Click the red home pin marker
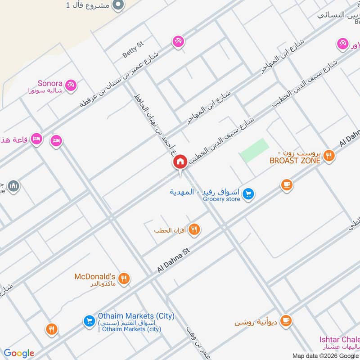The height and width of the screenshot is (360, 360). pyautogui.click(x=180, y=162)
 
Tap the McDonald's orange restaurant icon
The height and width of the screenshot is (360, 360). pyautogui.click(x=125, y=279)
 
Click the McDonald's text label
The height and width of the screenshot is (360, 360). pyautogui.click(x=95, y=276)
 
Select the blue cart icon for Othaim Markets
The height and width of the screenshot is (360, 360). pyautogui.click(x=89, y=321)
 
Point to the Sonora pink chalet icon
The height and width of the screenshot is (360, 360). pyautogui.click(x=70, y=85)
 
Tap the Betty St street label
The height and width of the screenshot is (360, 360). pyautogui.click(x=133, y=49)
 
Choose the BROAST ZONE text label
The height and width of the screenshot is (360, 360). pyautogui.click(x=295, y=160)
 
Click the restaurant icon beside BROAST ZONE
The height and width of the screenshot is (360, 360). pyautogui.click(x=329, y=156)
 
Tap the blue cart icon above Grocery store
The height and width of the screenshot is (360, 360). pyautogui.click(x=247, y=194)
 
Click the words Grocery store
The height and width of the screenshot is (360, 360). pyautogui.click(x=221, y=199)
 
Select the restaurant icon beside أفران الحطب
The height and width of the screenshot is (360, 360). pyautogui.click(x=194, y=229)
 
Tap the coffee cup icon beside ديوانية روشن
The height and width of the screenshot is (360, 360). pyautogui.click(x=285, y=320)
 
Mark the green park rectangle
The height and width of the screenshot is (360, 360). pyautogui.click(x=254, y=150)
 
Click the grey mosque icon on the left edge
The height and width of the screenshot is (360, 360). pyautogui.click(x=13, y=185)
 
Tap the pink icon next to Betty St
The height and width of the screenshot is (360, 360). pyautogui.click(x=178, y=42)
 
